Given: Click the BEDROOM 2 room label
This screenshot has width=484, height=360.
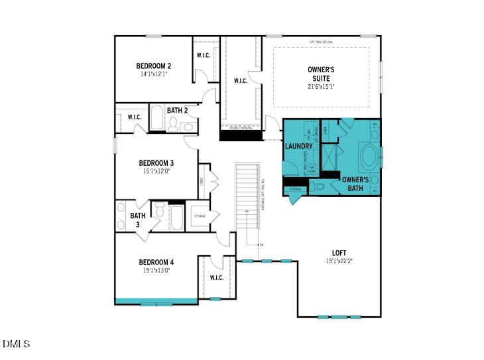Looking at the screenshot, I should [x=154, y=66].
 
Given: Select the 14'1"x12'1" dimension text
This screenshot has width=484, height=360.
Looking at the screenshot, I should [x=154, y=74].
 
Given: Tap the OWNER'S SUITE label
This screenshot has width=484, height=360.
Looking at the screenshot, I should [x=321, y=74].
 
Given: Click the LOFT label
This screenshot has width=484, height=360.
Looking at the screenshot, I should [x=339, y=253].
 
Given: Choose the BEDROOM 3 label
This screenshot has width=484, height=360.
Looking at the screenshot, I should [x=156, y=163].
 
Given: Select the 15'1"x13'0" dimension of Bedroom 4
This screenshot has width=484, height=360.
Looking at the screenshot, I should [x=156, y=270].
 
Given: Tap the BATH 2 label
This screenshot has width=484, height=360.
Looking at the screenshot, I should [x=178, y=111].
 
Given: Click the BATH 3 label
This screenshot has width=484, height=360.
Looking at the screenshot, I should [x=137, y=219].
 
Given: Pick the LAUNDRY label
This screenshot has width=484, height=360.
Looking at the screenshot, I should [x=298, y=146].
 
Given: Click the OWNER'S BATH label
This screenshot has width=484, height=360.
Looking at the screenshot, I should [x=355, y=184].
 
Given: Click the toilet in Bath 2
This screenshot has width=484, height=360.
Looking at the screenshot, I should [x=173, y=125].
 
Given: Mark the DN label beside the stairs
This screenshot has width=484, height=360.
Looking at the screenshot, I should [x=262, y=245].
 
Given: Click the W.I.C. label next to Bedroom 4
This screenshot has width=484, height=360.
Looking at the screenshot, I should [x=216, y=277].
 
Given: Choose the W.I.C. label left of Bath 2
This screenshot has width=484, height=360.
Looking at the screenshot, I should [x=134, y=117].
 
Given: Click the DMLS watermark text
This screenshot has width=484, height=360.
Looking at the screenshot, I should [x=16, y=343].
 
